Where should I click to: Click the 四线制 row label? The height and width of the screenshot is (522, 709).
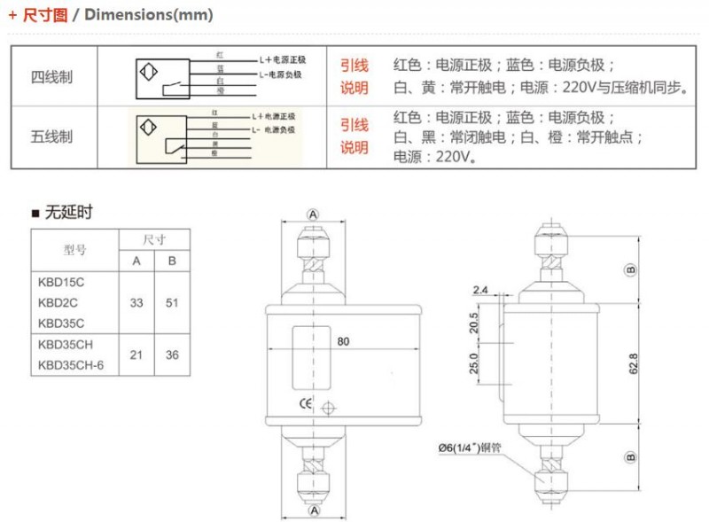(52, 77)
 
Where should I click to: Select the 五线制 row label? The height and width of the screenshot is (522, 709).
(52, 136)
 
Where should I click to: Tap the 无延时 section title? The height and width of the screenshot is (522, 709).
(67, 212)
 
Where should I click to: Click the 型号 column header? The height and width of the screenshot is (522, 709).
(75, 250)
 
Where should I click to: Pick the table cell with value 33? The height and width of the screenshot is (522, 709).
(136, 302)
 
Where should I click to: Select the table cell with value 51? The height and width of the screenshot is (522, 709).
(172, 302)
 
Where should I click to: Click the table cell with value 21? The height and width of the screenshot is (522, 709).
(136, 354)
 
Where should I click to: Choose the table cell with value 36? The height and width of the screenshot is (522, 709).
(172, 354)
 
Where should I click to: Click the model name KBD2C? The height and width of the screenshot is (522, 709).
(57, 302)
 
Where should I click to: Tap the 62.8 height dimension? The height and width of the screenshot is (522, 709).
(632, 362)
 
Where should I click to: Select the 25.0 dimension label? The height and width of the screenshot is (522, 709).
(474, 364)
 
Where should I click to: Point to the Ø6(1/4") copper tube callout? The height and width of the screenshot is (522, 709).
(481, 448)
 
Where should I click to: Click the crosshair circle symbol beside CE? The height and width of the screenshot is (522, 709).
(329, 409)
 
